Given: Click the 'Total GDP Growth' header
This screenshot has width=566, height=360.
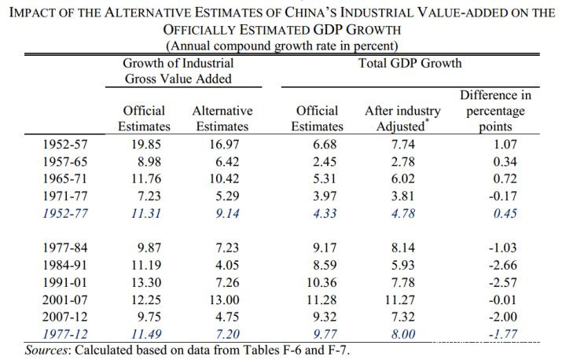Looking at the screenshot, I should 410,63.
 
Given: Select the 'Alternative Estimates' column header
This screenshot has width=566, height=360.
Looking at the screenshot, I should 222,118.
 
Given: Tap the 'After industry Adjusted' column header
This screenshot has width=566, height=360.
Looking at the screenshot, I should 402,118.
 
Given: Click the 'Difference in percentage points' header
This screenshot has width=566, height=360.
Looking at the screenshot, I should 495,110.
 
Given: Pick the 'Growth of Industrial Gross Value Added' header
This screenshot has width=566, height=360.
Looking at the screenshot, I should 178,71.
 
